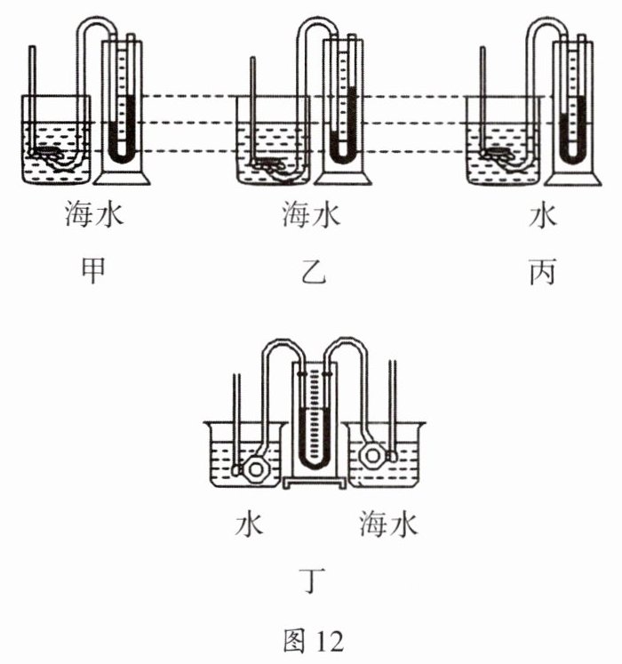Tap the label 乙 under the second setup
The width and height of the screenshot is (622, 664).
(x=314, y=271)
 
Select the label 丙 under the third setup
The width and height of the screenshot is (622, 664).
(x=542, y=271)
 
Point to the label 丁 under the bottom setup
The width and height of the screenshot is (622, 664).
(x=312, y=581)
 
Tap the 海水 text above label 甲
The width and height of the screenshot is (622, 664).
(x=94, y=215)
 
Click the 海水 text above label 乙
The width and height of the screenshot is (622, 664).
(x=312, y=215)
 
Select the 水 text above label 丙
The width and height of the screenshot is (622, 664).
(x=542, y=216)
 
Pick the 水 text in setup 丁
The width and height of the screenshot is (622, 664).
(x=249, y=525)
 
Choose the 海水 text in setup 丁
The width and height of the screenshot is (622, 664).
(x=388, y=524)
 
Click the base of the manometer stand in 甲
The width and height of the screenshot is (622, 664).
(x=122, y=177)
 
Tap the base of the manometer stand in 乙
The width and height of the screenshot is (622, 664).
(x=343, y=178)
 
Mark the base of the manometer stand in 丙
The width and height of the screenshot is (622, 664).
(x=573, y=178)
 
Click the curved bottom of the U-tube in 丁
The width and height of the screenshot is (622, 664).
(x=315, y=462)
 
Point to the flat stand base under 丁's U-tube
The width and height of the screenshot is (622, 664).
(x=315, y=483)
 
